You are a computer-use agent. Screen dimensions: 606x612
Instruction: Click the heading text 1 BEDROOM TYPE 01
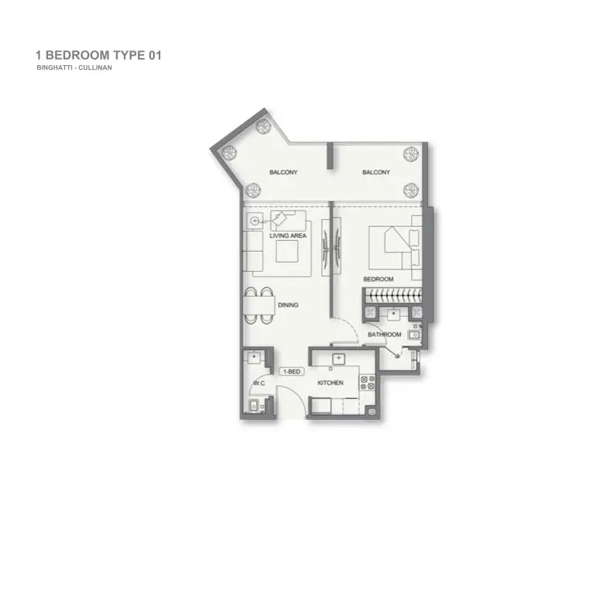[98, 55]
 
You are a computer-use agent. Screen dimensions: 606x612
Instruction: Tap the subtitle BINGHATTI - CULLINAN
[74, 67]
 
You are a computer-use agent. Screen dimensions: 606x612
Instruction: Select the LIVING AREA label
[288, 236]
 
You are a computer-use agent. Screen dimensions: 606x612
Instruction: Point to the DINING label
[288, 304]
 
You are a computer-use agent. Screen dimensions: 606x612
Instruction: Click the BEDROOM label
[378, 279]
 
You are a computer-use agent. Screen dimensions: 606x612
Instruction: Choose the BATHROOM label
[385, 335]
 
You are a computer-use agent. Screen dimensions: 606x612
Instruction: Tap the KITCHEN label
[330, 383]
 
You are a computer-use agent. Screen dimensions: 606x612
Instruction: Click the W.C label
[259, 383]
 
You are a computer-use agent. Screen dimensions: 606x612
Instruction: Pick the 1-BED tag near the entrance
[292, 372]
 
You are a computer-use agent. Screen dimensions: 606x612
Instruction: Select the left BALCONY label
[283, 172]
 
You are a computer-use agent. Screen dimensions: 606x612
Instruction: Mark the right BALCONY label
[376, 172]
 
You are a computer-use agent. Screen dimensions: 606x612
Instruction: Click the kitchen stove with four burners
[367, 383]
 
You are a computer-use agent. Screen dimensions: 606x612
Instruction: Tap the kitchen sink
[338, 359]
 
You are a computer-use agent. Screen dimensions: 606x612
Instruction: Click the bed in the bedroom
[395, 247]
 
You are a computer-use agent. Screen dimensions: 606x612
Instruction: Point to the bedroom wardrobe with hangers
[392, 295]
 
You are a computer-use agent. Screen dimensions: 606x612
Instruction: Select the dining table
[259, 305]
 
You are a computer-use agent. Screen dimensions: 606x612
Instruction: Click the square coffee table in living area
[287, 251]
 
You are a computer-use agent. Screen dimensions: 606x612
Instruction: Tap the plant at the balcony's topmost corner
[262, 125]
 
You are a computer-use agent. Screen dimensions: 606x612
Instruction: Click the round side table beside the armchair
[255, 221]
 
